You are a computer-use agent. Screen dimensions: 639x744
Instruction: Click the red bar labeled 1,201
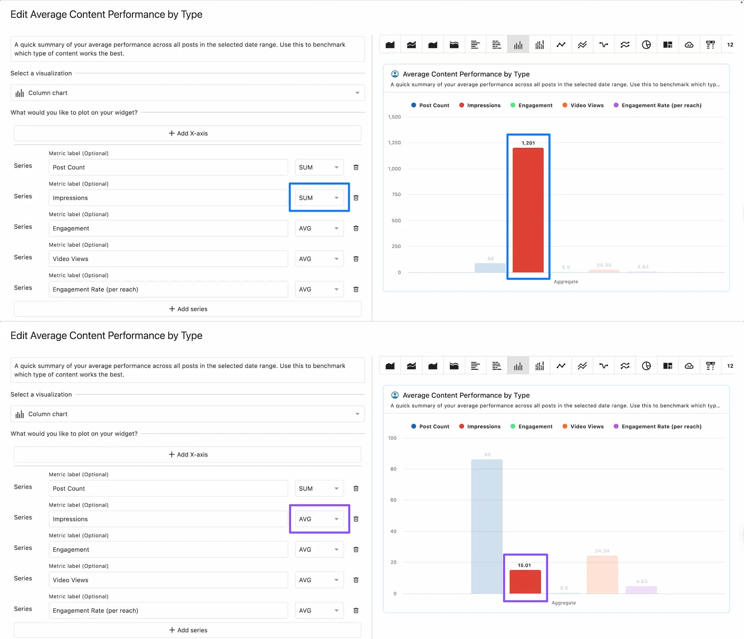pos(528,210)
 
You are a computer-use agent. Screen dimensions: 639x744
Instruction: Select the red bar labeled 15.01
pos(525,582)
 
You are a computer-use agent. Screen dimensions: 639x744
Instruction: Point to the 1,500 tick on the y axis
pos(394,117)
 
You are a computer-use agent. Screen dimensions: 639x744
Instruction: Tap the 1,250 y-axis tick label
pos(394,143)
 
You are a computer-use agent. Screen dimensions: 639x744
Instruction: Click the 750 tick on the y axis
pos(396,195)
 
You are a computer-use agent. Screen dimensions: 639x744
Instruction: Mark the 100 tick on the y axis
pos(392,438)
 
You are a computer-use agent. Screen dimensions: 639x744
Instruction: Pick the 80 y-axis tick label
pos(393,469)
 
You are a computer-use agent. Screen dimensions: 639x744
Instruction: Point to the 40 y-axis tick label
pos(393,531)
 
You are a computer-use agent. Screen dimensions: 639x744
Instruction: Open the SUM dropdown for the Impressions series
pos(319,198)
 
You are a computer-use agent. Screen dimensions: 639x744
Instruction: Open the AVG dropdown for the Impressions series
pos(319,519)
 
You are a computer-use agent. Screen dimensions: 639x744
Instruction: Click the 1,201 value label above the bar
pos(528,143)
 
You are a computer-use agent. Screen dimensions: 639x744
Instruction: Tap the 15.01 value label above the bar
pos(524,565)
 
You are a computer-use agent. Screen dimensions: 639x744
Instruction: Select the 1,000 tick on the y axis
pos(394,169)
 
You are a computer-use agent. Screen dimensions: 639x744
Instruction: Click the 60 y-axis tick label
pos(393,500)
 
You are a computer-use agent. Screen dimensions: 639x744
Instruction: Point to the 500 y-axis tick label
pos(396,221)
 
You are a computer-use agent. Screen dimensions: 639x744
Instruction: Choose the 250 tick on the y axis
pos(396,246)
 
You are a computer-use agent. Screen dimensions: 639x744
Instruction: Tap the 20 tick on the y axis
pos(393,562)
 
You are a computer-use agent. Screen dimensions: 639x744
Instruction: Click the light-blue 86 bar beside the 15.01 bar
pos(487,526)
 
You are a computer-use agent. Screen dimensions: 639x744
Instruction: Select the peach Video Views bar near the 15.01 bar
pos(602,575)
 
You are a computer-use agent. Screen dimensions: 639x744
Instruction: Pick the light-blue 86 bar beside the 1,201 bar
pos(490,268)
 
